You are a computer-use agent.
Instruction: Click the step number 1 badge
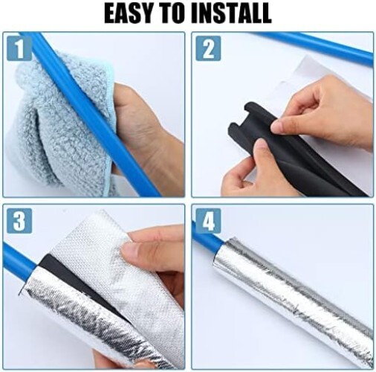[19, 48]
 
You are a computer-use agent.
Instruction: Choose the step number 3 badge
[19, 221]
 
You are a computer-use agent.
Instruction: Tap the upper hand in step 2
[327, 112]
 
